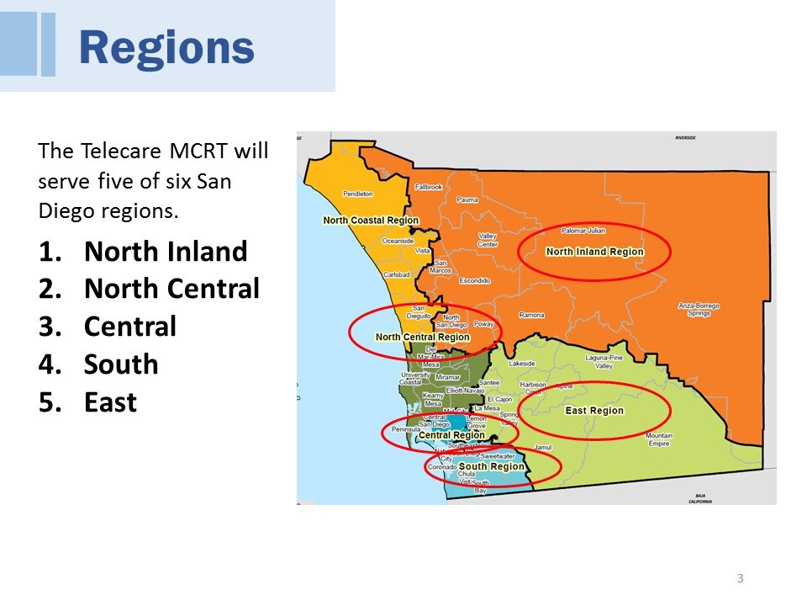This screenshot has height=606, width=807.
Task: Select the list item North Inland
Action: coord(166,252)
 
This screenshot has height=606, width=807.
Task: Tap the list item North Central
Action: coord(171,289)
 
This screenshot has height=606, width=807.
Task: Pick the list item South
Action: coord(121,364)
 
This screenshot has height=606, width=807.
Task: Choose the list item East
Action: coord(110,402)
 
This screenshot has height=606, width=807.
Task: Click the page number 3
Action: coord(740,577)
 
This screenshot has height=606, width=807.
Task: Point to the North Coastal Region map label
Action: coord(371,221)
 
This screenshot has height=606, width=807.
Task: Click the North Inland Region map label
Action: coord(594,252)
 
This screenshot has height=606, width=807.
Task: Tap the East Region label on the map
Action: coord(594,411)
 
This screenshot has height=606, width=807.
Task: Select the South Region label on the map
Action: coord(491,466)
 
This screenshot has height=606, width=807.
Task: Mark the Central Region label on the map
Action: coord(451,435)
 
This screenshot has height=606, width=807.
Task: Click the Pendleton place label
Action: coord(358,194)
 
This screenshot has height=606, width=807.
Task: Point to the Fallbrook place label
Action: coord(428,187)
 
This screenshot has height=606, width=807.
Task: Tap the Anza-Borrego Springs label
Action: coord(699,309)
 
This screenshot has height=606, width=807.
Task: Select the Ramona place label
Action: coord(531,315)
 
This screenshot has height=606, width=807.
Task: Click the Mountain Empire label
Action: coord(658,439)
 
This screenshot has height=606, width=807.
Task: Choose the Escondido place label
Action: coord(474,280)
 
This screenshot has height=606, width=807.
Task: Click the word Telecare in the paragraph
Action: coord(120,151)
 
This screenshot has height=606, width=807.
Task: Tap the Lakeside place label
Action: coord(521,364)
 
